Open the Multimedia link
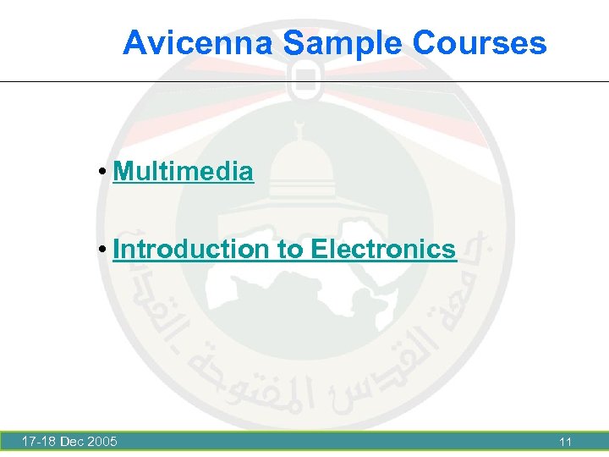pos(183,172)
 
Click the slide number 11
pos(565,441)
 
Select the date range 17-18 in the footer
pos(39,441)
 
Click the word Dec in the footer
pos(74,441)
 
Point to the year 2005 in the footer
pos(102,441)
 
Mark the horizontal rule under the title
pos(304,82)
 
